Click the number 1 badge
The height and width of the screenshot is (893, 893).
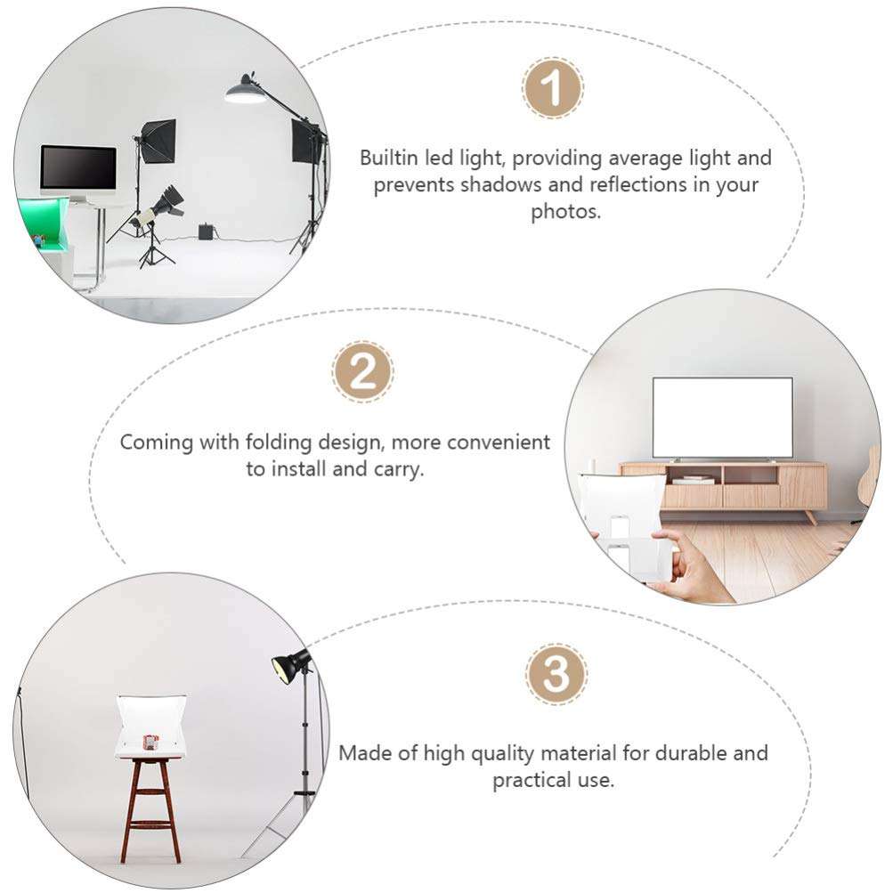(x=552, y=88)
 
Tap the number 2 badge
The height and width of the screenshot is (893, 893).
(x=363, y=371)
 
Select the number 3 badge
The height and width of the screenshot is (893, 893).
(x=556, y=674)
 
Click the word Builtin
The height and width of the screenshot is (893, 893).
(x=390, y=158)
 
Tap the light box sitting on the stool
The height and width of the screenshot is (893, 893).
(x=150, y=726)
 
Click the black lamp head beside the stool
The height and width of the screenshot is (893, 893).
(x=290, y=665)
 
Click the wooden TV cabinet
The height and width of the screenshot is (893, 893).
(x=723, y=485)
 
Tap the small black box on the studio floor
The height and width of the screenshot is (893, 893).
(x=207, y=232)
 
